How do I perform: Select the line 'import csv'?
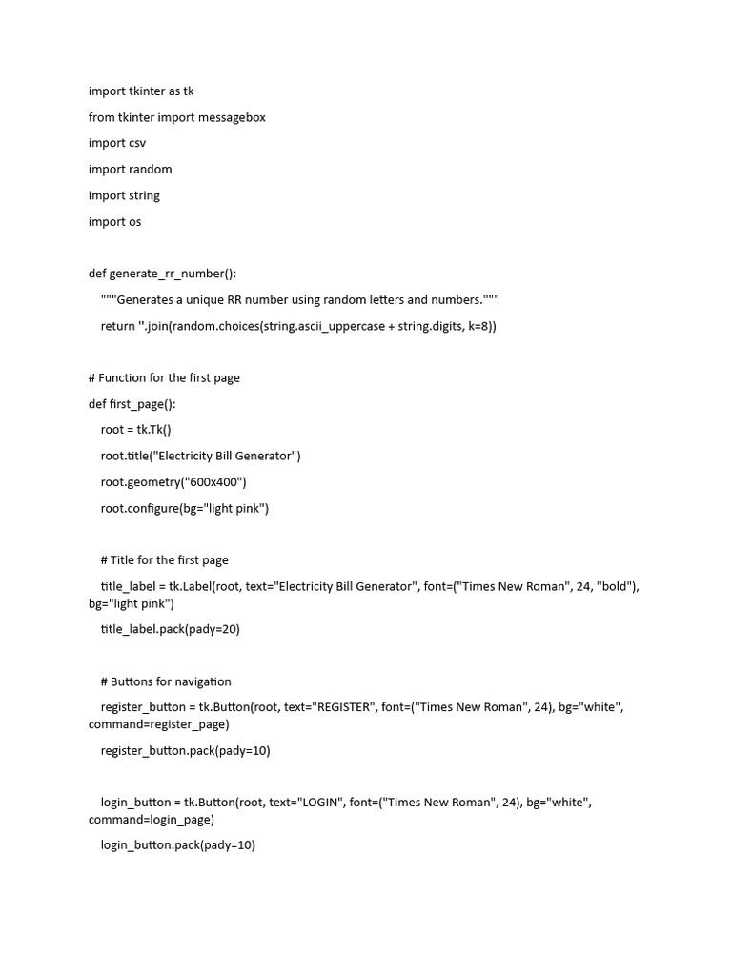point(117,143)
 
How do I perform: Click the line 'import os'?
point(114,221)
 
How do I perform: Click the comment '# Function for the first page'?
point(164,377)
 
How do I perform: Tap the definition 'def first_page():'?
point(132,404)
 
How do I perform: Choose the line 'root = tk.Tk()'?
point(135,430)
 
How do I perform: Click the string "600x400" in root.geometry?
point(216,482)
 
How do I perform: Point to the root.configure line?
point(185,508)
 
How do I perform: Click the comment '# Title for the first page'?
point(164,560)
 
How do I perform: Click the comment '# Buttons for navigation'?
point(166,681)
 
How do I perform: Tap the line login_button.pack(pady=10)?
point(178,845)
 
